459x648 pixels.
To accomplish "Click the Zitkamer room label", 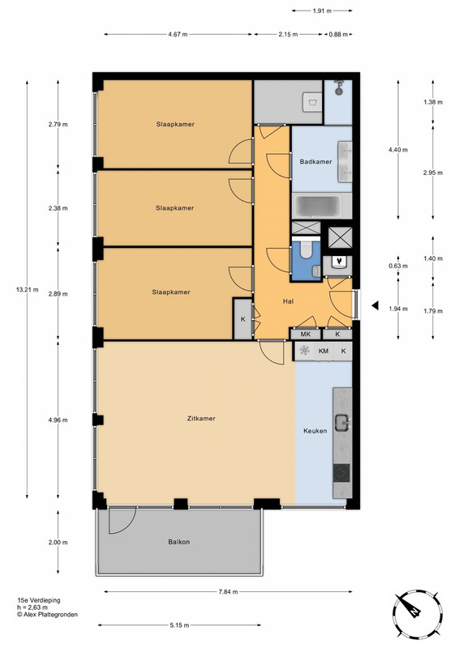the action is click(x=201, y=418).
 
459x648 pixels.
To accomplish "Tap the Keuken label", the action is click(x=315, y=431).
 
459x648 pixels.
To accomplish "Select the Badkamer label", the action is click(x=315, y=161).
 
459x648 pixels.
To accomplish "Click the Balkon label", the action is click(x=178, y=542).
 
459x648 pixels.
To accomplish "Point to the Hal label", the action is click(x=288, y=301).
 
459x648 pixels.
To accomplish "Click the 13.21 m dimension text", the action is click(x=28, y=290).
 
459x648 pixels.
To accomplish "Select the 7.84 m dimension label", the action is click(x=228, y=592).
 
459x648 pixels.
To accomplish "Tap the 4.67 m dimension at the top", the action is click(x=178, y=34).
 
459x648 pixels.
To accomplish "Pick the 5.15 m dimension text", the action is click(x=180, y=625).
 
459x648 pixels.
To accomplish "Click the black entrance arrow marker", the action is click(x=375, y=306).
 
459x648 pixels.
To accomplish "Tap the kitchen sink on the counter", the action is click(x=342, y=421).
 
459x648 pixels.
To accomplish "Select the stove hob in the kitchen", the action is click(x=342, y=473).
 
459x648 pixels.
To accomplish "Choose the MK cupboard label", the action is click(x=306, y=334).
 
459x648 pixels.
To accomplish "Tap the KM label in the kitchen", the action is click(x=324, y=352).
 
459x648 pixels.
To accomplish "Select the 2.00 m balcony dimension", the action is click(x=58, y=542).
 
